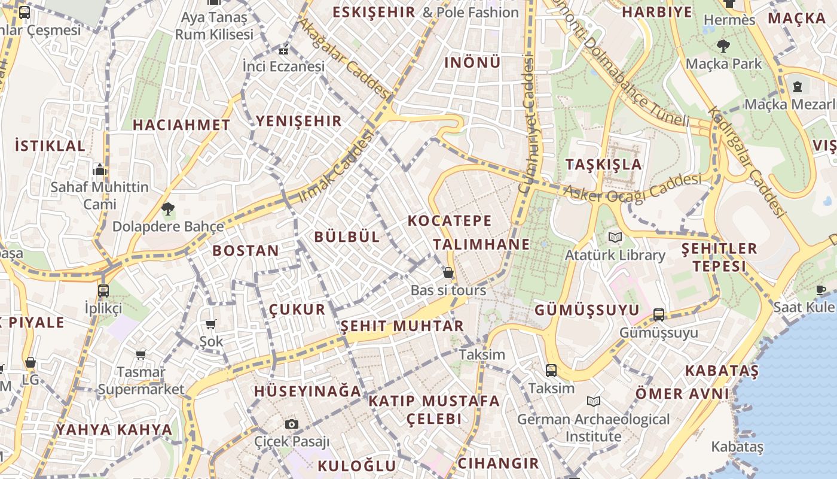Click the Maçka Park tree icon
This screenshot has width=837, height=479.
click(723, 46)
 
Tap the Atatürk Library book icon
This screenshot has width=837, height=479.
click(615, 238)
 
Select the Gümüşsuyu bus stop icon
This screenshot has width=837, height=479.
click(659, 314)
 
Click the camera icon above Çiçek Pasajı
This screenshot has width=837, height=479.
click(292, 425)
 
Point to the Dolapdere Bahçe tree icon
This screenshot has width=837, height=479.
click(168, 209)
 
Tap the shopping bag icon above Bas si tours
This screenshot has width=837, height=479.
click(448, 273)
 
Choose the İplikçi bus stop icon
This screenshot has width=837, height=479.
click(103, 291)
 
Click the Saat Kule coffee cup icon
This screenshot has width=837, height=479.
click(821, 290)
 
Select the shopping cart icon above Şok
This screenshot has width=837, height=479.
click(210, 325)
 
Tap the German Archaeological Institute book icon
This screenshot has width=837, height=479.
click(593, 401)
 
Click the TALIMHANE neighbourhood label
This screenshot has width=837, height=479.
click(481, 244)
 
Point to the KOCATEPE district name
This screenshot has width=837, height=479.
click(450, 220)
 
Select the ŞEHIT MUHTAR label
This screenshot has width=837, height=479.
click(402, 326)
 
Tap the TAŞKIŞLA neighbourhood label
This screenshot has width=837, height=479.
click(603, 164)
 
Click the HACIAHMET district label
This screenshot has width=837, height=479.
click(181, 125)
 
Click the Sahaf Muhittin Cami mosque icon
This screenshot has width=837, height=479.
click(100, 170)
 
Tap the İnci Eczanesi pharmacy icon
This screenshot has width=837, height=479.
click(283, 50)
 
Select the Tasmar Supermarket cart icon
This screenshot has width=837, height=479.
click(141, 355)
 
